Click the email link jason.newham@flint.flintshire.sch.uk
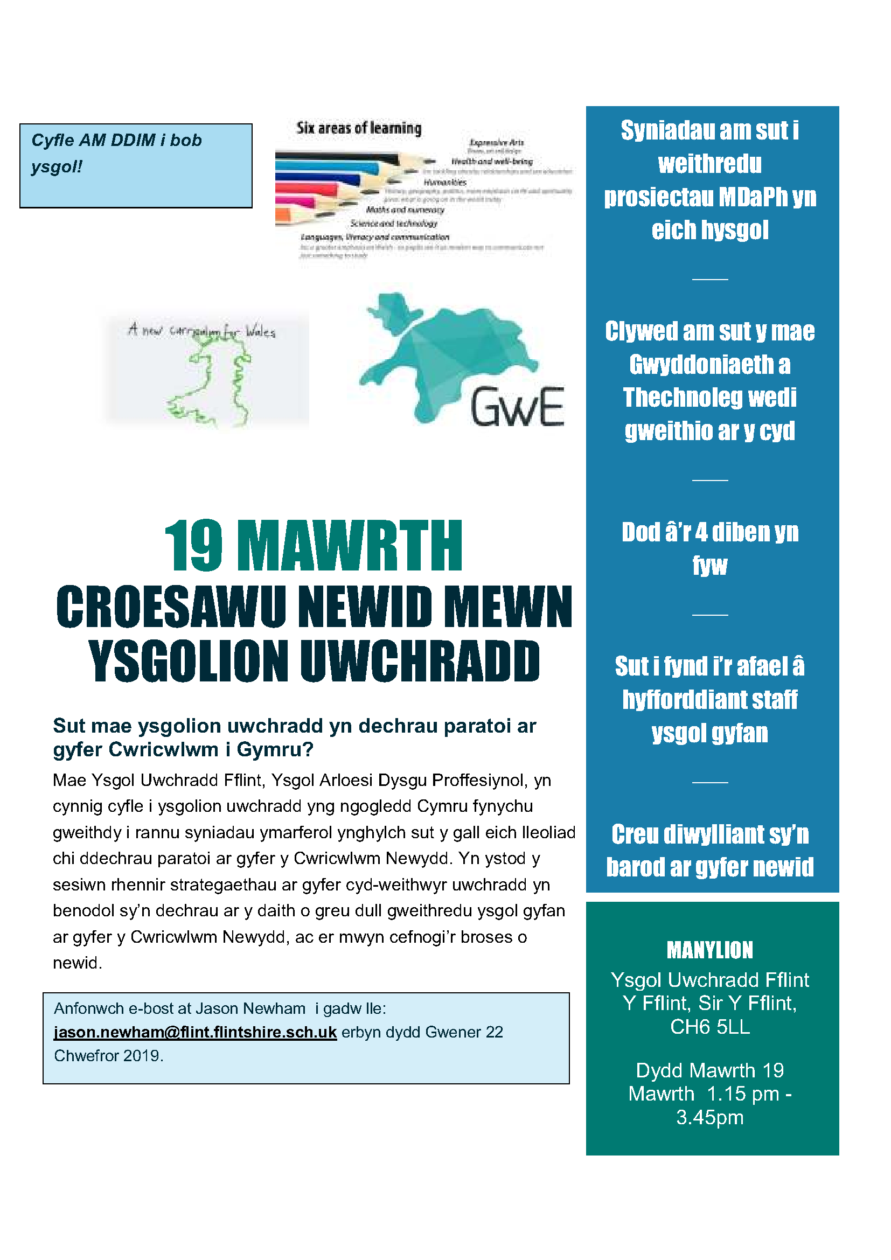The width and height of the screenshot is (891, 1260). [195, 1032]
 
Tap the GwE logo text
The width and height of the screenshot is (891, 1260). [517, 407]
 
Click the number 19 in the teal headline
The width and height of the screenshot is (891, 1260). [194, 546]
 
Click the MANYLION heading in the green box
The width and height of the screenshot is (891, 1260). [709, 950]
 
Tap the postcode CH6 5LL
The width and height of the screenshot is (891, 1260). [709, 1027]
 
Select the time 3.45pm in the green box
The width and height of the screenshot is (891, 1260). [709, 1117]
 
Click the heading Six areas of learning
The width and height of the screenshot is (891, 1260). [359, 128]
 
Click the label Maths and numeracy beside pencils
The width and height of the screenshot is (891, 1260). [405, 210]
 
